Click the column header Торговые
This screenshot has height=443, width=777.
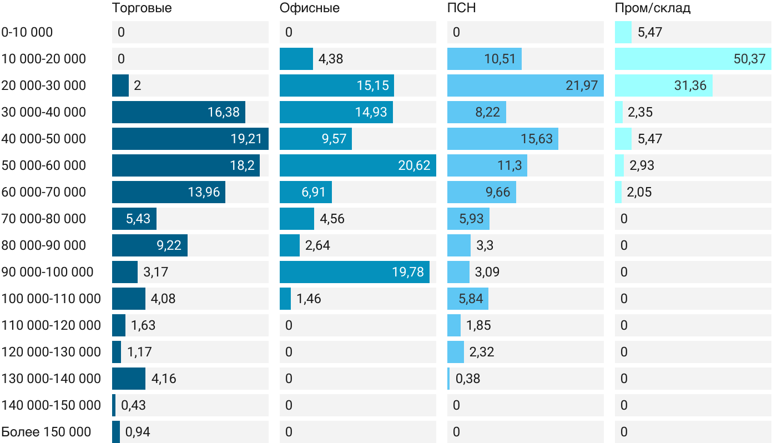pos(142,8)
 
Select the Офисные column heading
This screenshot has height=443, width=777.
pos(309,8)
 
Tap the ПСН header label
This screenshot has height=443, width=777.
pos(461,8)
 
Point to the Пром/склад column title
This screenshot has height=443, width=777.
pos(652,8)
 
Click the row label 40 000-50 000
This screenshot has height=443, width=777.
pos(44,139)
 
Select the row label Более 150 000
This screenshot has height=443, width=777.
pos(46,432)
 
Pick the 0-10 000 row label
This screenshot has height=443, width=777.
pos(27,32)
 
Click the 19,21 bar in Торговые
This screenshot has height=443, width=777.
pos(190,139)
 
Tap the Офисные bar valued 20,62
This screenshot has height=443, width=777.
pos(357,165)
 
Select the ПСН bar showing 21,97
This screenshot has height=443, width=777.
pos(525,85)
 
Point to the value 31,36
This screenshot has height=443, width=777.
pos(690,85)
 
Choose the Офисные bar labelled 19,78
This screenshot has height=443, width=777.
pos(354,272)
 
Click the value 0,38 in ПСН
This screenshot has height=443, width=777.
pos(468,379)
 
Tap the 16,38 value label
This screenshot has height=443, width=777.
pos(224,112)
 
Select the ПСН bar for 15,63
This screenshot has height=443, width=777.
pos(502,139)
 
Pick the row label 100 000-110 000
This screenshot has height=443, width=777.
pos(51,299)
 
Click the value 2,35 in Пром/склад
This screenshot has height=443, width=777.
pos(640,112)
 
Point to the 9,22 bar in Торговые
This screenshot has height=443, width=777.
pos(149,245)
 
